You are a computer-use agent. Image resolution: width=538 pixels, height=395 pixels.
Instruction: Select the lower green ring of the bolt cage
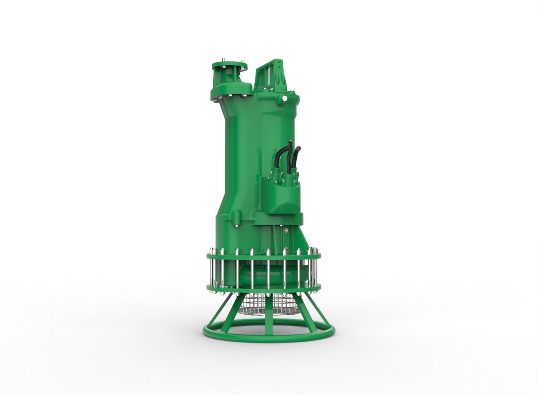[263, 288]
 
